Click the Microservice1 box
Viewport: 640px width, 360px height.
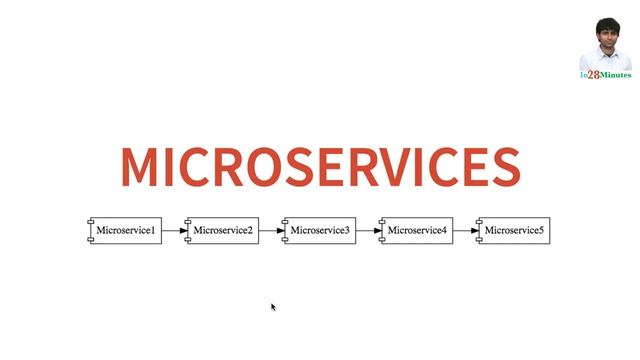coord(125,231)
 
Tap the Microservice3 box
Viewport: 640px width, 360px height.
coord(319,231)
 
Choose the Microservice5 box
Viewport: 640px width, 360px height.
coord(513,231)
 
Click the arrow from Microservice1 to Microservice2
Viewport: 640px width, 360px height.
coord(172,231)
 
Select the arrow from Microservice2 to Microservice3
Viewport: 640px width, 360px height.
coord(269,231)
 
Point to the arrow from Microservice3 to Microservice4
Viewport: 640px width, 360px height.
coord(366,231)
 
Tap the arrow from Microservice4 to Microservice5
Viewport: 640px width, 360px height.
coord(463,231)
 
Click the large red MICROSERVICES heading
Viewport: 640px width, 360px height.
coord(320,167)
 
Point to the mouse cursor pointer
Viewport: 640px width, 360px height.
coord(273,307)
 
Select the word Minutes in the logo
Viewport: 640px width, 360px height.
coord(615,75)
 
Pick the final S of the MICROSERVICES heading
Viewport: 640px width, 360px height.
coord(503,167)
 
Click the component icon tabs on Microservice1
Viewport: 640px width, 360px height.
coord(90,231)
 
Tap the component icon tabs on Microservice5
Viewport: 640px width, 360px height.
coord(478,231)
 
